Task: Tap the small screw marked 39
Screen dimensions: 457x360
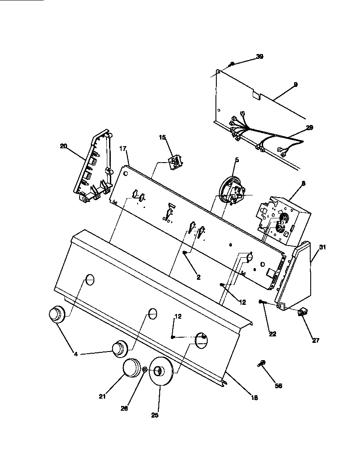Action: point(232,64)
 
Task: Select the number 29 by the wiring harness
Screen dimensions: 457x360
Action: point(309,128)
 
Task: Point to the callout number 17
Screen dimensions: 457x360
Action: point(122,149)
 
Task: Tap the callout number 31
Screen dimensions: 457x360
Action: point(322,247)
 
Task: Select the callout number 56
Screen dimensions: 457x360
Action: point(279,386)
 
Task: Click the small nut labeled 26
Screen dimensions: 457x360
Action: point(145,370)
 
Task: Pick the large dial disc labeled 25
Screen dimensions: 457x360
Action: point(161,373)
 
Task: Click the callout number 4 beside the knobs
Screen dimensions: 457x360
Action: point(76,354)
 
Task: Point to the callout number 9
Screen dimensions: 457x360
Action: point(295,84)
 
